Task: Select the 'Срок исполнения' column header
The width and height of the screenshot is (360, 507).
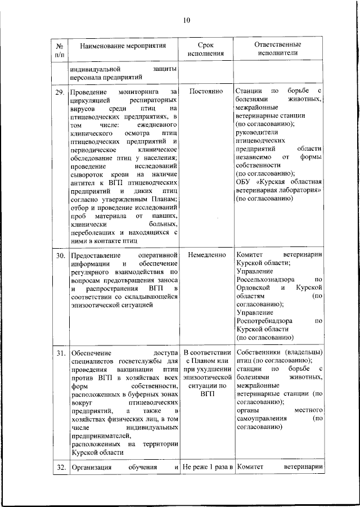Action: (x=206, y=49)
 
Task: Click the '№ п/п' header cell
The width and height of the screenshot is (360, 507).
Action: (x=60, y=49)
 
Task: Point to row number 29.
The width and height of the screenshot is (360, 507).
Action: (x=60, y=92)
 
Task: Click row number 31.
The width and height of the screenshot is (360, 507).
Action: (x=60, y=353)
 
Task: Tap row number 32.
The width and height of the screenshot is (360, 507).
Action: (x=60, y=468)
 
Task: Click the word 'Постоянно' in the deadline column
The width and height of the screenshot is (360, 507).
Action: (x=206, y=91)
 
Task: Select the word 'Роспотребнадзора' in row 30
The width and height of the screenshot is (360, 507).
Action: (x=264, y=320)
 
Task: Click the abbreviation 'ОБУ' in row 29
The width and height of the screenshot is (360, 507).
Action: (x=243, y=182)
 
